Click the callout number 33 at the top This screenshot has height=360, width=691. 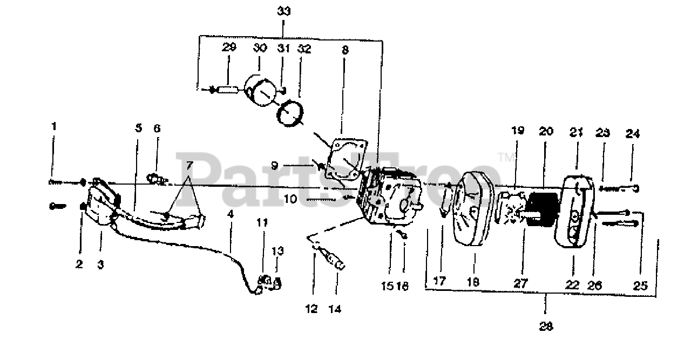284,11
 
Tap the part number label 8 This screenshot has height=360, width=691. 345,50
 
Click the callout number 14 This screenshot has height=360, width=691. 337,309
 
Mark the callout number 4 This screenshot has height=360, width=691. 231,214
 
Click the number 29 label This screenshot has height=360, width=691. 229,47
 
